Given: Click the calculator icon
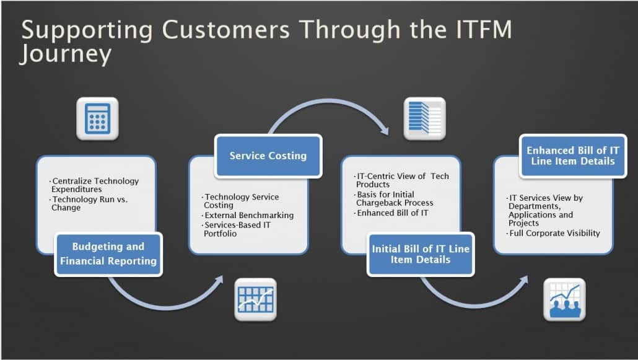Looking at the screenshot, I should pyautogui.click(x=97, y=118).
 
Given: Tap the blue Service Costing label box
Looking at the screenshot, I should pyautogui.click(x=268, y=156).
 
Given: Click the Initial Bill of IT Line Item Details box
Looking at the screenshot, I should pyautogui.click(x=421, y=253).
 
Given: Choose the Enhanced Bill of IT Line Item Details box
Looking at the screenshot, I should pyautogui.click(x=572, y=156).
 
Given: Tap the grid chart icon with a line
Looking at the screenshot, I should pyautogui.click(x=255, y=300).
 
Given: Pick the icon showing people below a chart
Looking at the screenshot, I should pyautogui.click(x=564, y=300).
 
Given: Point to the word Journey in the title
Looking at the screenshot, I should pyautogui.click(x=66, y=54).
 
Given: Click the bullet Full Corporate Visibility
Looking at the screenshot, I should pyautogui.click(x=554, y=233).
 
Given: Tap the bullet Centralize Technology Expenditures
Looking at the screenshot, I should pyautogui.click(x=95, y=185).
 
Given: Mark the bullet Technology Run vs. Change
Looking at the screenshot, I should pyautogui.click(x=94, y=203).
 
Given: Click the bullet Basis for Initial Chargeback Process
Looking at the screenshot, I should pyautogui.click(x=395, y=198).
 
